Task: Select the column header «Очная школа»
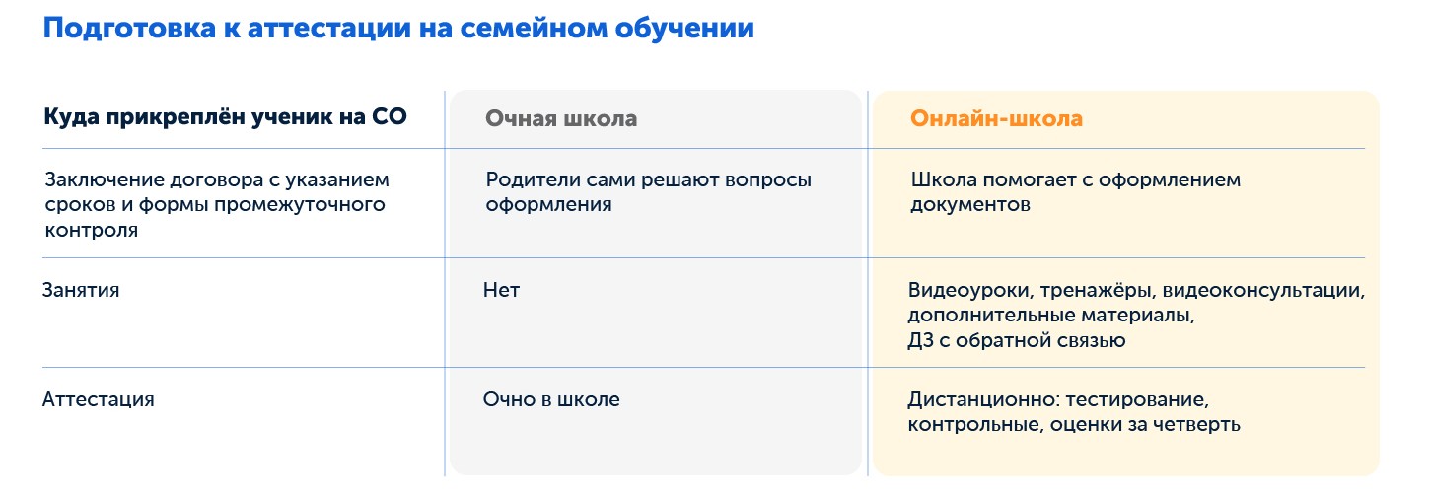(560, 119)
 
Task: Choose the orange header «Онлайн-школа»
(996, 119)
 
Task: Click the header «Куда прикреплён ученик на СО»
(225, 117)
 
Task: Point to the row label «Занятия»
(81, 290)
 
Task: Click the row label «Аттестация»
(99, 399)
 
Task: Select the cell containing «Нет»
(501, 290)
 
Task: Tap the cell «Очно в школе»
(551, 399)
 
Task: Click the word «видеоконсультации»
(1264, 292)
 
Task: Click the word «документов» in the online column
(970, 205)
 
